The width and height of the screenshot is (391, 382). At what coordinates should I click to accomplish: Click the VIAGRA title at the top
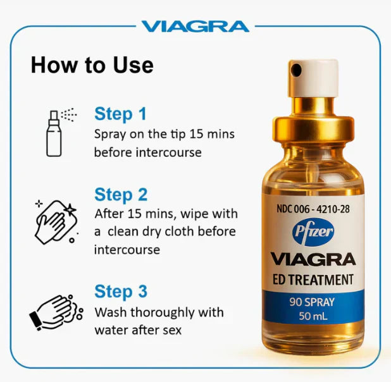click(x=195, y=26)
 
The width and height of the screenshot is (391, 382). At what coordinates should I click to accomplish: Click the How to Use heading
click(x=92, y=65)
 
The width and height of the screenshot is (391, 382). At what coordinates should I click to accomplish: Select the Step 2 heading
click(x=121, y=194)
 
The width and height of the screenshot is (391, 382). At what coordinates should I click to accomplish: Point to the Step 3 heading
click(x=121, y=292)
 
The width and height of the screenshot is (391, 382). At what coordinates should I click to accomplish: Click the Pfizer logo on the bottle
click(x=313, y=231)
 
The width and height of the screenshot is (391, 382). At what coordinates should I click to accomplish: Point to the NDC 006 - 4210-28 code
click(x=313, y=207)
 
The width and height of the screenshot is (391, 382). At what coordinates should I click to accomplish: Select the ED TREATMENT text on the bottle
click(x=313, y=279)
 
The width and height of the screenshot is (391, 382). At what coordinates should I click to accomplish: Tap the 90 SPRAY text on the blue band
click(x=313, y=302)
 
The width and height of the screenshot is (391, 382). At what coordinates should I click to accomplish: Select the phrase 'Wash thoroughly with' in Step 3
click(x=158, y=312)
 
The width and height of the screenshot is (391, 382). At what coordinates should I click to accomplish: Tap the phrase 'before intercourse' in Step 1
click(x=147, y=152)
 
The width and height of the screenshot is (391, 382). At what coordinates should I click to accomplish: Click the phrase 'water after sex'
click(x=137, y=330)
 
